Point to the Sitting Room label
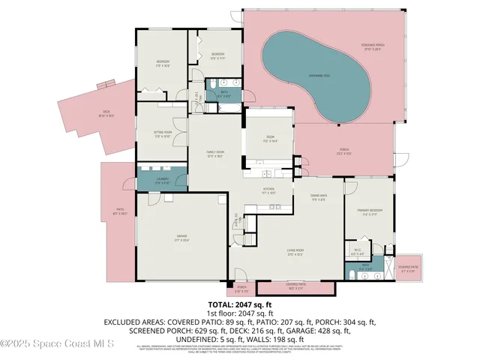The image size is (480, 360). pyautogui.click(x=163, y=133)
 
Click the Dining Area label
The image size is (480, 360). pyautogui.click(x=318, y=197)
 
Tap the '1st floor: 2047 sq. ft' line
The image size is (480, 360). pyautogui.click(x=240, y=313)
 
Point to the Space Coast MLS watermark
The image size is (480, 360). pyautogui.click(x=57, y=344)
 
